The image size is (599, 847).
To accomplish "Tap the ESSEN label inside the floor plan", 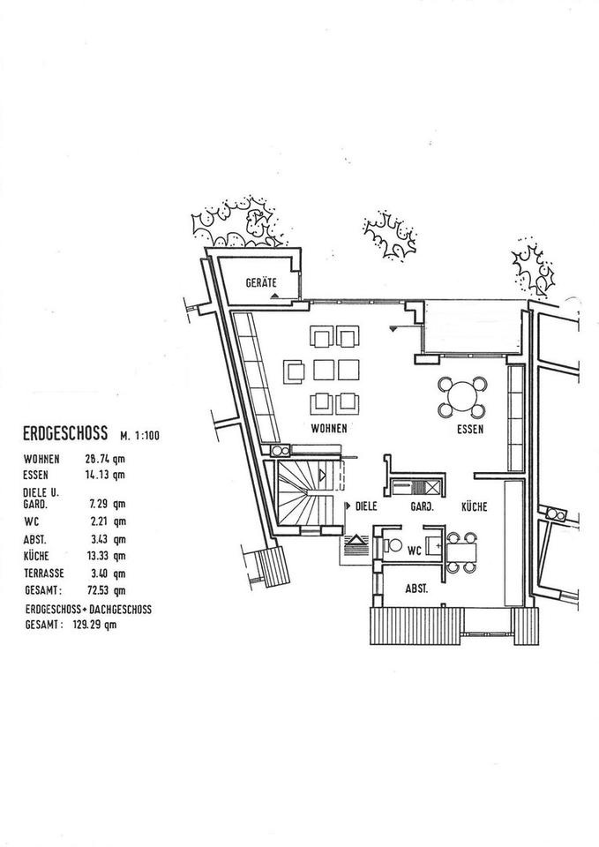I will tap(470, 430).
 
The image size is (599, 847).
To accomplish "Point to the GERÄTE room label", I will tap(261, 283).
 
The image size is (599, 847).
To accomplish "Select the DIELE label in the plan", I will tap(366, 507).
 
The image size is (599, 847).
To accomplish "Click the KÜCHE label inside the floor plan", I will tap(475, 507).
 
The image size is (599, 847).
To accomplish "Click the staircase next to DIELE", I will tap(303, 496).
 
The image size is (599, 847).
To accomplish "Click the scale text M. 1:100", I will tap(138, 435).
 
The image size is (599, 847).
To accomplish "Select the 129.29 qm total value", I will tap(96, 624).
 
